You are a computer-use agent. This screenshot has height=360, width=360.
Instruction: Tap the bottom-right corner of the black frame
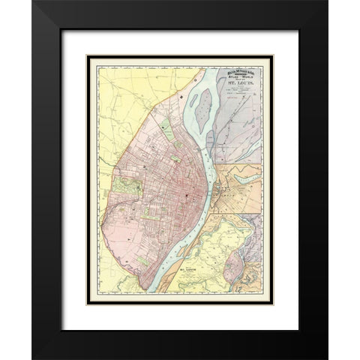[x=327, y=358]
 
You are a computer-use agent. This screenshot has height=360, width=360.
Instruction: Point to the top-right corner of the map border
[x=273, y=55]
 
